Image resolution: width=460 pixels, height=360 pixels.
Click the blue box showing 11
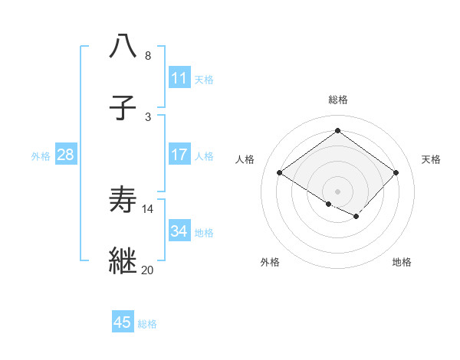click(x=179, y=78)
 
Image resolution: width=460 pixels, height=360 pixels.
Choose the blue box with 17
click(x=179, y=155)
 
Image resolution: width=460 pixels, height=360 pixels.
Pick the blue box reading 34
click(x=179, y=231)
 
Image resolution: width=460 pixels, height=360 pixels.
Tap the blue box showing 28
click(x=65, y=155)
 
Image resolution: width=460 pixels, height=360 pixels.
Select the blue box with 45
click(x=123, y=322)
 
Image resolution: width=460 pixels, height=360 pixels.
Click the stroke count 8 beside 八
click(x=147, y=55)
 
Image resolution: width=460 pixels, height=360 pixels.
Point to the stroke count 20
click(x=147, y=270)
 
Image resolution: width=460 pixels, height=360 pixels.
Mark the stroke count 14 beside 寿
click(x=147, y=208)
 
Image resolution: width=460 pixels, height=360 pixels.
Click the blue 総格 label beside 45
click(x=147, y=324)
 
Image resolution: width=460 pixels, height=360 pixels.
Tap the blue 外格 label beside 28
click(x=41, y=156)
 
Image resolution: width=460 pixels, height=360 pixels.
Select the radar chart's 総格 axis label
click(x=337, y=100)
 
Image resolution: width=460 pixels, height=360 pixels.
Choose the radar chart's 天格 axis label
click(x=431, y=159)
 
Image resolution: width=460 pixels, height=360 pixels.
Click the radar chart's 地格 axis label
click(x=402, y=262)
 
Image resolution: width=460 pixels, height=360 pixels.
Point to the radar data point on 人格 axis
click(x=280, y=173)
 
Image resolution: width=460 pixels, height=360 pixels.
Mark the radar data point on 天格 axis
click(x=396, y=173)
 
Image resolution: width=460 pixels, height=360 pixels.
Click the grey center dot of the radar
click(x=337, y=191)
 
